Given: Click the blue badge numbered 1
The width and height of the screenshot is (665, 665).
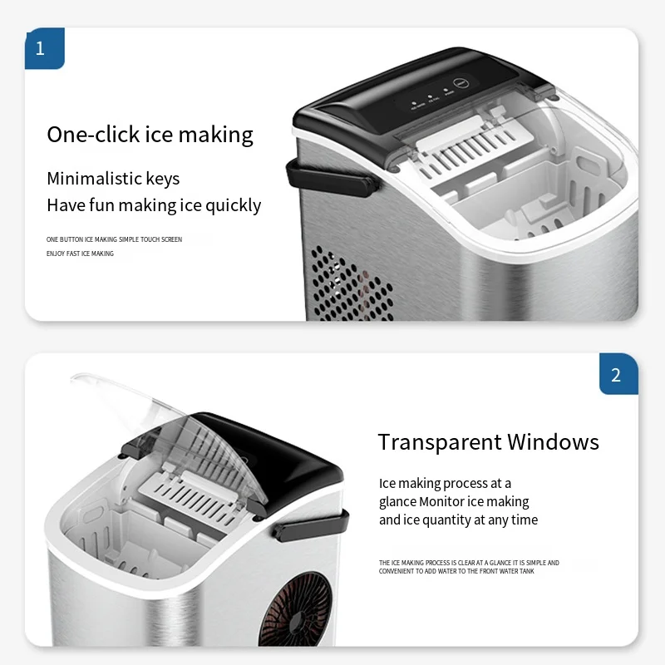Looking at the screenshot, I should click(40, 48).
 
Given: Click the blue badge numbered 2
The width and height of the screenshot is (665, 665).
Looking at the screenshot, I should click(616, 375).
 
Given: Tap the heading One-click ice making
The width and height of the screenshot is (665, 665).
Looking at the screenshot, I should click(150, 135).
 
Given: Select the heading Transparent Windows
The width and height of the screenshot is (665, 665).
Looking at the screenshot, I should click(488, 441).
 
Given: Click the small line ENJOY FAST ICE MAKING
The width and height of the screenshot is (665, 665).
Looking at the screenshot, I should click(80, 254).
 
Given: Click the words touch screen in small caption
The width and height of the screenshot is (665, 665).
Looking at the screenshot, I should click(163, 239).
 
